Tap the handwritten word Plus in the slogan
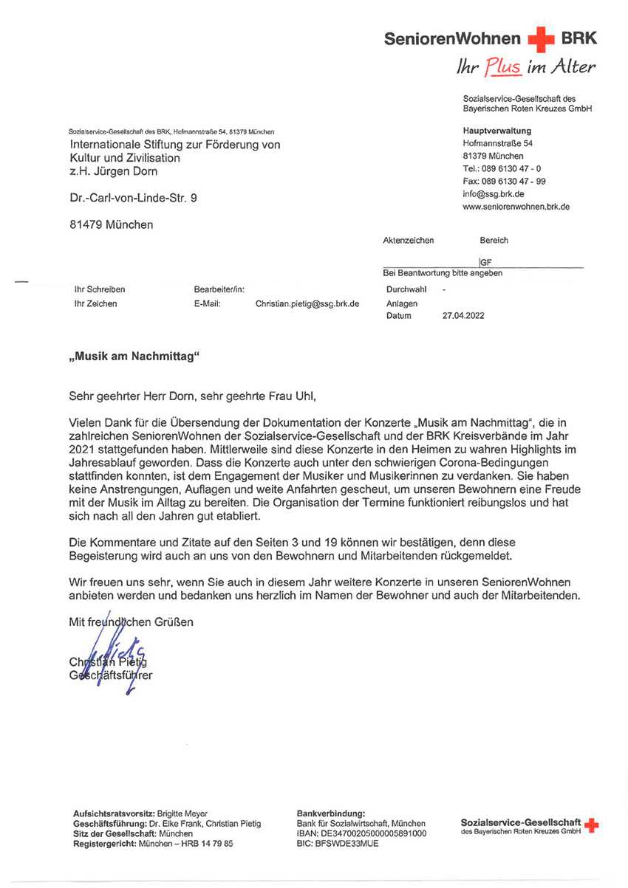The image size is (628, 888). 503,68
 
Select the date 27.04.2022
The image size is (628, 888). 463,316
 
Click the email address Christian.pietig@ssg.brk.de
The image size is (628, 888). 307,303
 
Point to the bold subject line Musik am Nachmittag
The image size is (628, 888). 135,357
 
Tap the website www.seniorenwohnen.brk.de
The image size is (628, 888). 516,207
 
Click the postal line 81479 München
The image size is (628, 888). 112,224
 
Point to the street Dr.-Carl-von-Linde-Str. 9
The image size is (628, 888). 134,198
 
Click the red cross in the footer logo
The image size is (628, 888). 591,825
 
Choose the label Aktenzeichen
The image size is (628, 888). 409,241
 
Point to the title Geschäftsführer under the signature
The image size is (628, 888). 111,675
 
